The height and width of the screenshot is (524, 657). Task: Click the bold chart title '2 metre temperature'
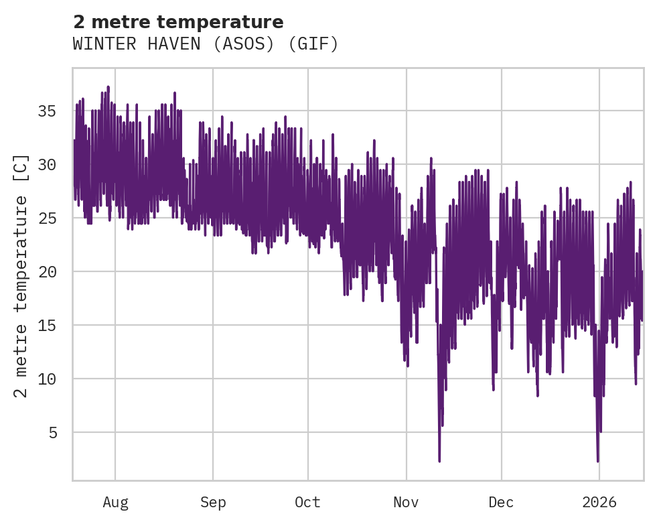point(178,22)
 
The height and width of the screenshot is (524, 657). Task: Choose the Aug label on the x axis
point(115,503)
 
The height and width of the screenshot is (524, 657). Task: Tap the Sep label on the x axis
point(213,503)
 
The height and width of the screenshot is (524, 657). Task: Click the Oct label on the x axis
point(308,503)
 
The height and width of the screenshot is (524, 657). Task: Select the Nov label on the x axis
point(406,503)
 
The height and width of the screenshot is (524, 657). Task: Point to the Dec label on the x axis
point(501,503)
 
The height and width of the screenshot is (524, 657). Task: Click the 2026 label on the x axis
point(599,503)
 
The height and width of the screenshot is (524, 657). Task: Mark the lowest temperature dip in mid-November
point(439,460)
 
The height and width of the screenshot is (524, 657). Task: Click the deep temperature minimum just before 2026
point(597,460)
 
